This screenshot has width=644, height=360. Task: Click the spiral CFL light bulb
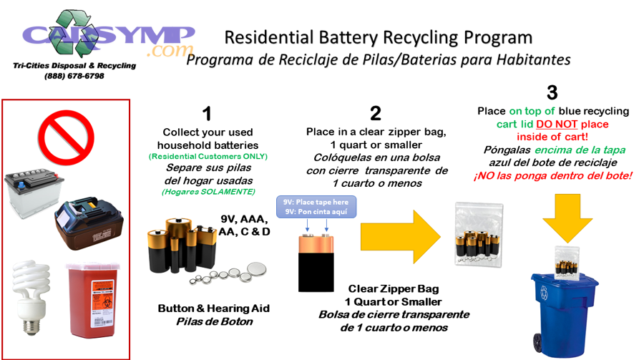point(31,296)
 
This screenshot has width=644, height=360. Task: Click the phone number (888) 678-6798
point(74,76)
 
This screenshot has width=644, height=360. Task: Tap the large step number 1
point(207,114)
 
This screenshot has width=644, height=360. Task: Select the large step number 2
point(376,113)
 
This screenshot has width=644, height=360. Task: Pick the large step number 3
point(552,92)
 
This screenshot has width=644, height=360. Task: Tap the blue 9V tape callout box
point(315,207)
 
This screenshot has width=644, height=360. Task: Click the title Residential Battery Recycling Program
point(379,38)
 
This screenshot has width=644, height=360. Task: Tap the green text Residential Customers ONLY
point(207,156)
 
